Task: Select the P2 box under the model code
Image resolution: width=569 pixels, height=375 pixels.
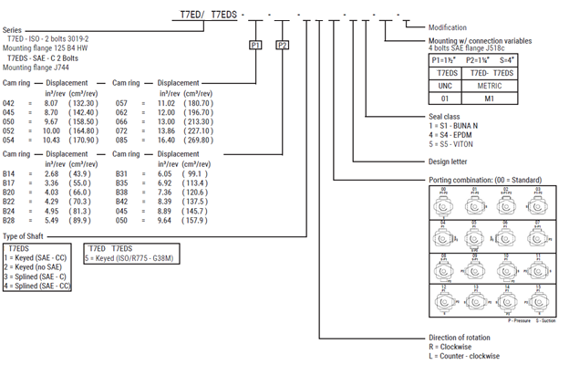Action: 282,44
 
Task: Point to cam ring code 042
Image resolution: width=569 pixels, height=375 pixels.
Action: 9,104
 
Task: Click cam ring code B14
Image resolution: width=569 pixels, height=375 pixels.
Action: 9,173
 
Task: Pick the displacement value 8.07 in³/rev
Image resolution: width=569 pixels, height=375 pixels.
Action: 51,104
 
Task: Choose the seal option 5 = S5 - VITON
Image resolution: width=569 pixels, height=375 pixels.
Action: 459,143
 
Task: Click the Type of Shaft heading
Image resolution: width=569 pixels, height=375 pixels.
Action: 25,236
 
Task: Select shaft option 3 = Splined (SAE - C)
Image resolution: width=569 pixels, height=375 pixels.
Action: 39,275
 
